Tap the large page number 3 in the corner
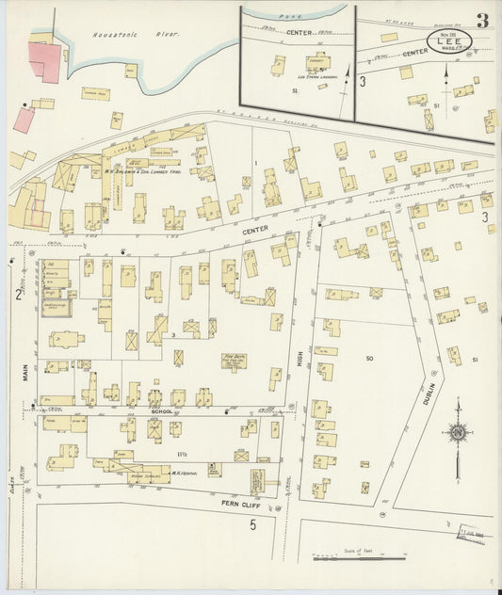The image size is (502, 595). tap(481, 21)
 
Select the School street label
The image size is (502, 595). tap(161, 412)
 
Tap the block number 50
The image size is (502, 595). tap(369, 359)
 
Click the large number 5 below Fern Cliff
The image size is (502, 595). tap(252, 525)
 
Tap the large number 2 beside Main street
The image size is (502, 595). tap(19, 295)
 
